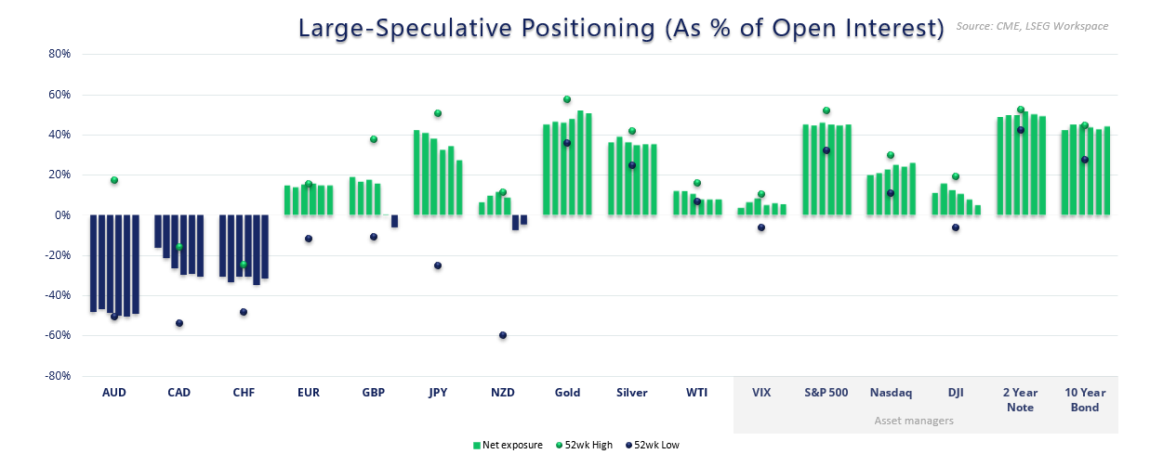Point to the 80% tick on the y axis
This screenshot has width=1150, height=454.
[x=59, y=54]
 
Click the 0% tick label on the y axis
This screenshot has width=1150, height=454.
[x=63, y=215]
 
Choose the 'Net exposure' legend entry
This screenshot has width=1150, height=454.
[x=508, y=445]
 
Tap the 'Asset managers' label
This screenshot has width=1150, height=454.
[x=913, y=421]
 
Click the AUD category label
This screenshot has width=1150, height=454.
[x=114, y=393]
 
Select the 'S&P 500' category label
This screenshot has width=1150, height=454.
[x=826, y=393]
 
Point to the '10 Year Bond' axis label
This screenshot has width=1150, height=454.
[x=1084, y=400]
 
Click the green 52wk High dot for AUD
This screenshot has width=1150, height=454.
[x=114, y=180]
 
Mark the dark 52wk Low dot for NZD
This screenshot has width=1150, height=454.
[x=503, y=335]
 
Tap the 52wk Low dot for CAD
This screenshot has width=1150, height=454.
[x=179, y=323]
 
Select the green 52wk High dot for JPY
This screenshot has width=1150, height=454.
[x=438, y=113]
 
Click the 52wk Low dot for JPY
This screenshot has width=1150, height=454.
[x=438, y=266]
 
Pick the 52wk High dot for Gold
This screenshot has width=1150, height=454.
[x=567, y=99]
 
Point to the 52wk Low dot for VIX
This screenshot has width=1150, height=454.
[x=761, y=227]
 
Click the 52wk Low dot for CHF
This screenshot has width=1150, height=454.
[x=244, y=312]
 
